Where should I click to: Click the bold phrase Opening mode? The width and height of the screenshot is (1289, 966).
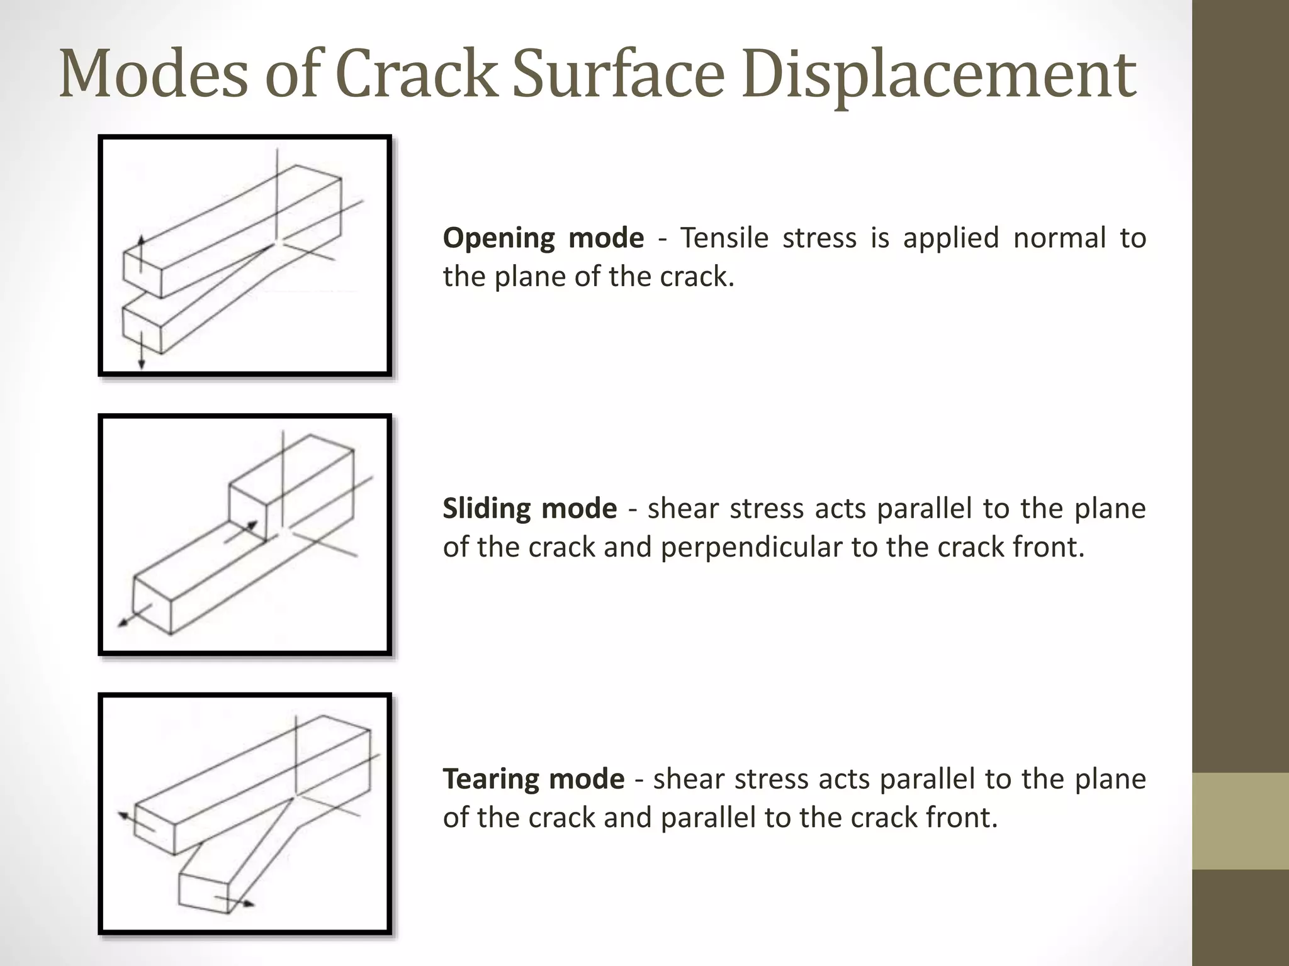[x=543, y=238]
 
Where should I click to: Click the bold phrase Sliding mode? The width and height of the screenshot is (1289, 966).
[x=529, y=509]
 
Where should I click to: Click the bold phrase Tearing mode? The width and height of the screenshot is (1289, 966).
[x=533, y=779]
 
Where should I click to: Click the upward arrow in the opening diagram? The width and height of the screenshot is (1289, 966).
[x=142, y=252]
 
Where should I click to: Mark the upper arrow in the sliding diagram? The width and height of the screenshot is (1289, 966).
[x=242, y=531]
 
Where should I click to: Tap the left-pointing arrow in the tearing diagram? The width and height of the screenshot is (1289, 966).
[x=135, y=821]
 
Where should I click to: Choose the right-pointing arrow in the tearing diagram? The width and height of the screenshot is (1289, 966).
[x=235, y=901]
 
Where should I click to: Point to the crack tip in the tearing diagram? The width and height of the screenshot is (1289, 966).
[x=295, y=796]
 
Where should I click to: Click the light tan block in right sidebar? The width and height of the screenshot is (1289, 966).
[x=1241, y=821]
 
